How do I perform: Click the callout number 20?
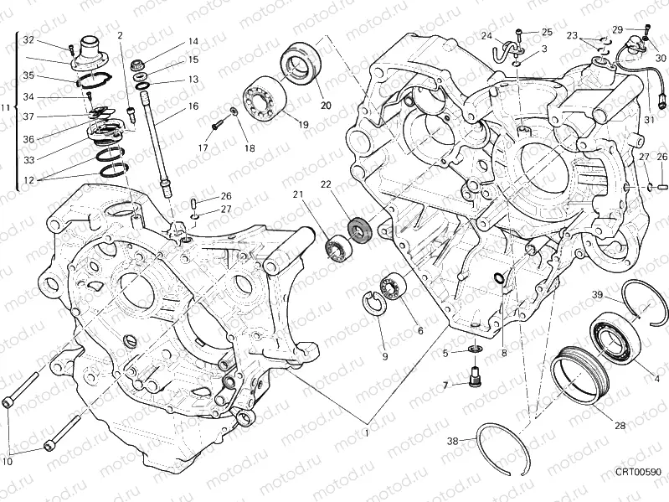326,105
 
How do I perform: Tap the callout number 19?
302,125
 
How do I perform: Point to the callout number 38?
451,441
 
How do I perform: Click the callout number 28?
620,426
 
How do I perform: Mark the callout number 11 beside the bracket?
6,108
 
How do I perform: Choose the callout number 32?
28,40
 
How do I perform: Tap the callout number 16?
193,106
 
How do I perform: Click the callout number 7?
446,385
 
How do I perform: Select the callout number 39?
598,294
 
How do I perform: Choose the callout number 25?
547,32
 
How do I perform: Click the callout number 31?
647,119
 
